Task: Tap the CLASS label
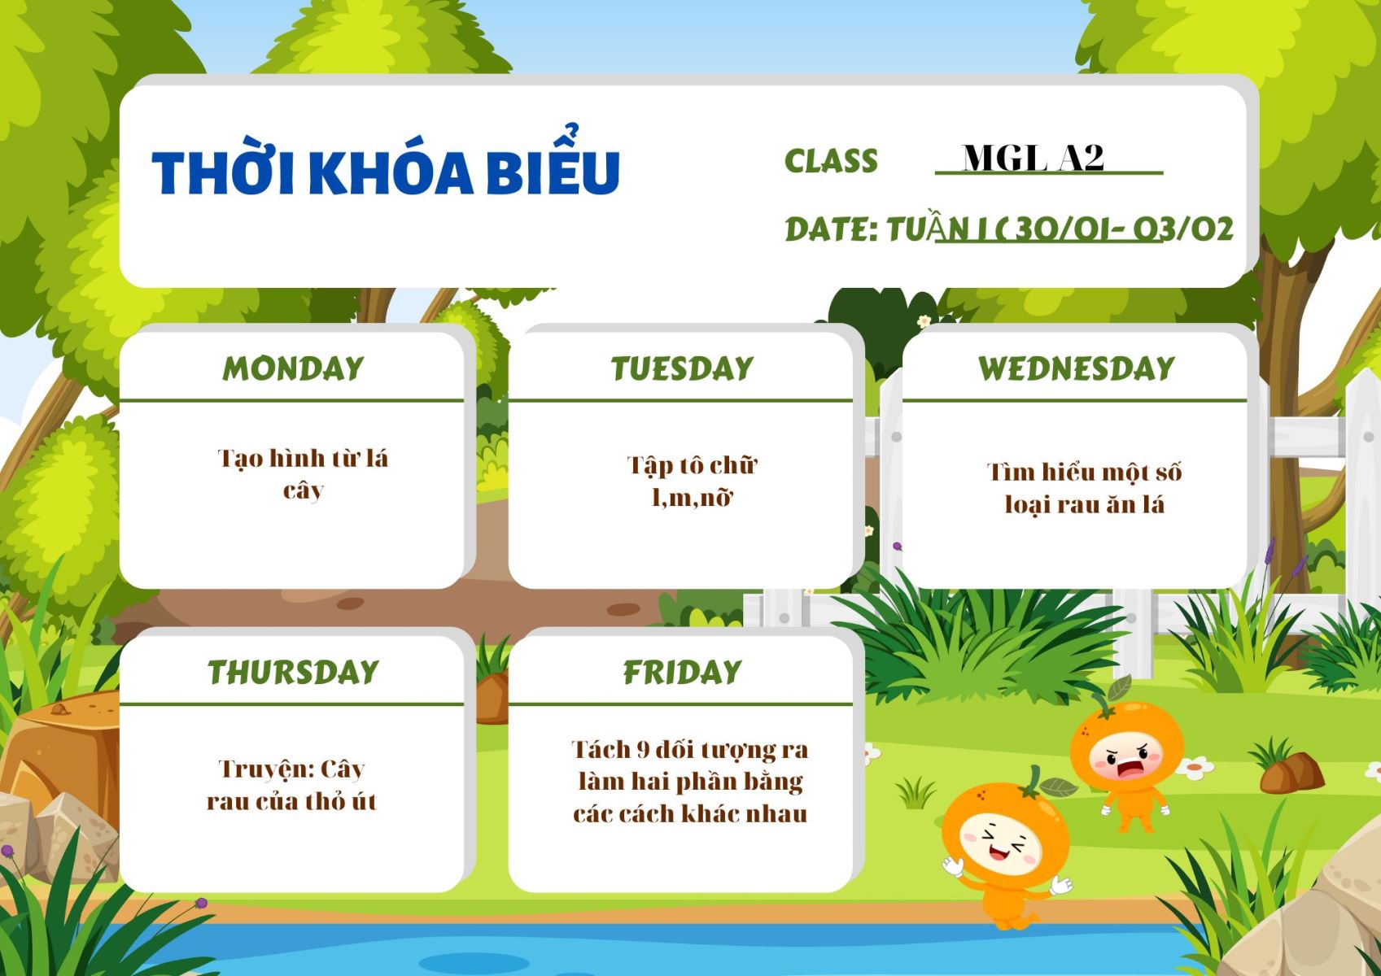tap(831, 161)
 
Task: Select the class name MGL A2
tap(1033, 158)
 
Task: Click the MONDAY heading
tap(294, 368)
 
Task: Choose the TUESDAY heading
tap(682, 368)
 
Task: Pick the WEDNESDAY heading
tap(1077, 368)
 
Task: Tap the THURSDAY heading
tap(294, 672)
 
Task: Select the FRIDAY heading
tap(682, 672)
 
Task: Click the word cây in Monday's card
tap(304, 491)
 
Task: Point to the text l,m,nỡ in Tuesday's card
tap(692, 497)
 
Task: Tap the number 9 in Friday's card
tap(643, 749)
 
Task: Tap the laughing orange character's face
tap(1003, 844)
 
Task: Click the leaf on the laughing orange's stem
tap(1060, 787)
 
